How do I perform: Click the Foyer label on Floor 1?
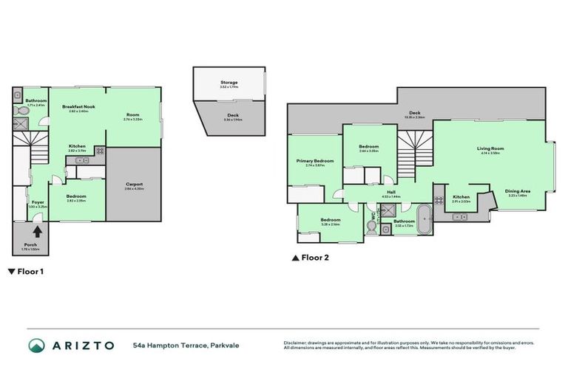click(37, 201)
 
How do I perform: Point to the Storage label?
click(229, 82)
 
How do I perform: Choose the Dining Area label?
click(516, 191)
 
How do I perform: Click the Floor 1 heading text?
click(28, 272)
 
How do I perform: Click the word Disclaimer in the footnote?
click(295, 343)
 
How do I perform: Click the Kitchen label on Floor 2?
click(461, 196)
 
